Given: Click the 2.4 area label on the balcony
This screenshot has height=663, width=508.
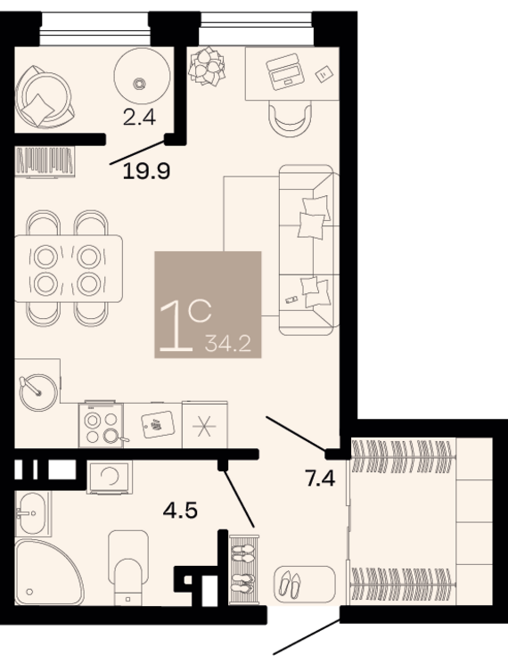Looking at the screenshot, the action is pos(139,117).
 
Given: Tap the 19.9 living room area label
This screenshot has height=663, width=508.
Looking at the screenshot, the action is pos(146,171).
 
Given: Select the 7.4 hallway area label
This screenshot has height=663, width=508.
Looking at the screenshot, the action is pos(320,479).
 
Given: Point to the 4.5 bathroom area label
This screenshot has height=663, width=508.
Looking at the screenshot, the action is pos(181,511).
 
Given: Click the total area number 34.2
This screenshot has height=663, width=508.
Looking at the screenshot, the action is pos(228,343).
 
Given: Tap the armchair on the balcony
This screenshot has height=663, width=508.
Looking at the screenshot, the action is pos(44,96).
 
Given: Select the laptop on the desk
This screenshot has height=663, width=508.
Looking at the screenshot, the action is pos(284,71).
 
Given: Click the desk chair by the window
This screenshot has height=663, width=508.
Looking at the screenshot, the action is pos(291,117).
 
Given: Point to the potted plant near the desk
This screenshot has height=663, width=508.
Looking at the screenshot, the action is pos(207,66).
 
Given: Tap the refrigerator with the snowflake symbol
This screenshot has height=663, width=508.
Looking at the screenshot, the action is pos(205,424).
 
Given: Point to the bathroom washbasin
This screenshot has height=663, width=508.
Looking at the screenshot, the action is pos(32,513).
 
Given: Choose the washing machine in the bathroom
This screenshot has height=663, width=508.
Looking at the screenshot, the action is pos(110,477).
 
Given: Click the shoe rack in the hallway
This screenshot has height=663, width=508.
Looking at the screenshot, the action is pos(244,569).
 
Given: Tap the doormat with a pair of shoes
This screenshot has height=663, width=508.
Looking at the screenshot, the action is pos(304,585).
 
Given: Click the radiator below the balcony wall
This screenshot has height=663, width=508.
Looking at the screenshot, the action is pos(45,161).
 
